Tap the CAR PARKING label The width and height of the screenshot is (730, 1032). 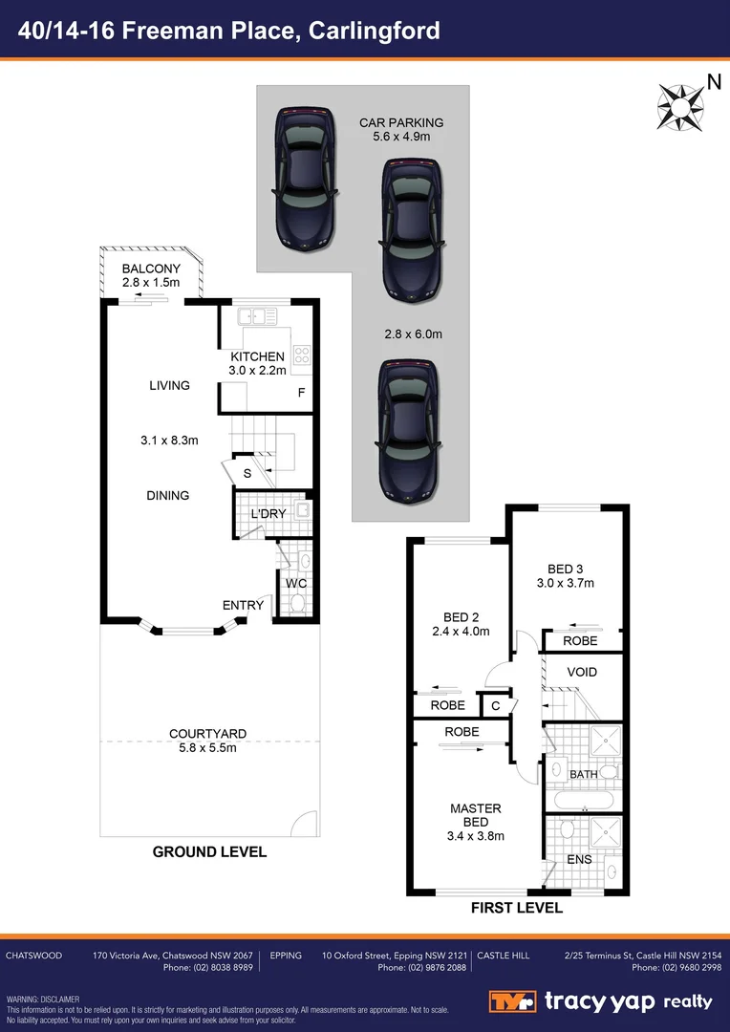[x=401, y=122]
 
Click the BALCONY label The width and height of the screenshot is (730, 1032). [x=150, y=269]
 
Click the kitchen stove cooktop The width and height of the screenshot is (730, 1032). [x=303, y=355]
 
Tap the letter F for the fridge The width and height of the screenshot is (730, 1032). [x=301, y=393]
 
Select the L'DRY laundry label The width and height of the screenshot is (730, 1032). [x=268, y=514]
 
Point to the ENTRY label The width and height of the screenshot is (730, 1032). [x=243, y=605]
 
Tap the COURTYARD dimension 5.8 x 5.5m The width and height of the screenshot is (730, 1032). [x=207, y=747]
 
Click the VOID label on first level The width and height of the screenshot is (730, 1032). [x=581, y=672]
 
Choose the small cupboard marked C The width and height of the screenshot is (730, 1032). [x=495, y=705]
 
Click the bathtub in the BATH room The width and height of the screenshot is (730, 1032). [x=582, y=798]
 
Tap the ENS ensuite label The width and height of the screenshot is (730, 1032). [x=579, y=859]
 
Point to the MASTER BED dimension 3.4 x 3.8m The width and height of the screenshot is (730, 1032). [x=475, y=836]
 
